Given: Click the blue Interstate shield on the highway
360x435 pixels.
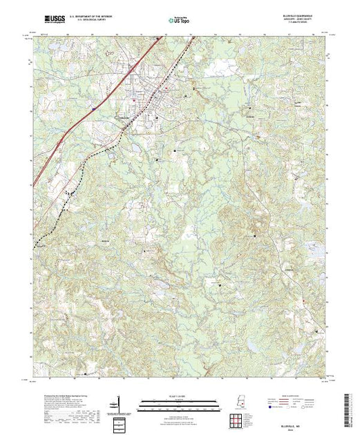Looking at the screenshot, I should tap(93, 108).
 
